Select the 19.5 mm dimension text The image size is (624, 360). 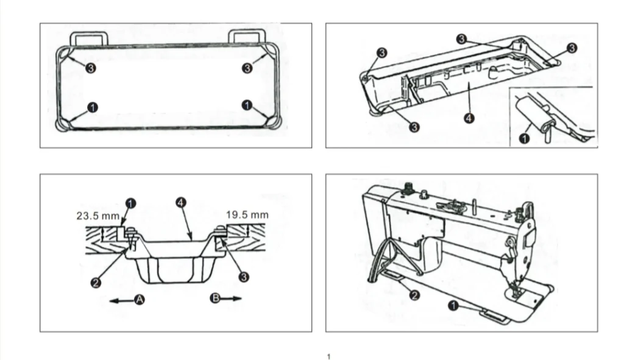click(247, 215)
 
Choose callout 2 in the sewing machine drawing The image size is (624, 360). click(414, 295)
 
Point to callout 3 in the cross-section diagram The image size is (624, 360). click(244, 277)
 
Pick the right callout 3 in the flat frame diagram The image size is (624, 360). click(247, 68)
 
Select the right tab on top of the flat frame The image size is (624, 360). click(247, 38)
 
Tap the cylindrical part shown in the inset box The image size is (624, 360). click(529, 112)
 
